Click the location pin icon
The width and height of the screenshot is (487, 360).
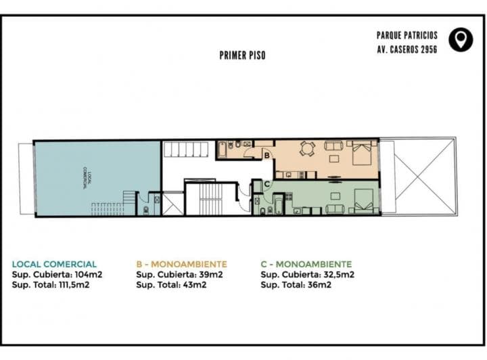point(461,40)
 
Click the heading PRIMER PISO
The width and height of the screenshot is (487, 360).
point(243,55)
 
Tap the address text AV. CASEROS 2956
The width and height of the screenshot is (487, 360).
point(407,49)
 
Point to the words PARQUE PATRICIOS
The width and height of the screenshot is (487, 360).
point(407,35)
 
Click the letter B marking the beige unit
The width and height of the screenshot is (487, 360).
point(266,156)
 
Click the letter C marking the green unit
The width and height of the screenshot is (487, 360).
point(266,184)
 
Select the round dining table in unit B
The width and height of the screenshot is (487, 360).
point(307,148)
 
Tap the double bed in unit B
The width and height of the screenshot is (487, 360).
point(361,152)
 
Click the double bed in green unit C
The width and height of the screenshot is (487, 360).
point(364,201)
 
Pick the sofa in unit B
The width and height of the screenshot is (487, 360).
point(334,145)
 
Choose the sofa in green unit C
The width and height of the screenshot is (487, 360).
point(335,209)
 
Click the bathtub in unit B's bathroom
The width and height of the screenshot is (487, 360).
point(222,150)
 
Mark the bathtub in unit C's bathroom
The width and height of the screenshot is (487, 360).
point(278,204)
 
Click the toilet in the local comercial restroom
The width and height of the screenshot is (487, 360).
point(146,211)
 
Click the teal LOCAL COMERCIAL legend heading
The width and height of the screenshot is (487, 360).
point(54,265)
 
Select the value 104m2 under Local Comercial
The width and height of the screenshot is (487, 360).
point(89,275)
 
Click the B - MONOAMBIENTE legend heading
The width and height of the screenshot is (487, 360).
point(182,265)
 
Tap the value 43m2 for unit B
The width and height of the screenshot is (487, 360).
point(195,285)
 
